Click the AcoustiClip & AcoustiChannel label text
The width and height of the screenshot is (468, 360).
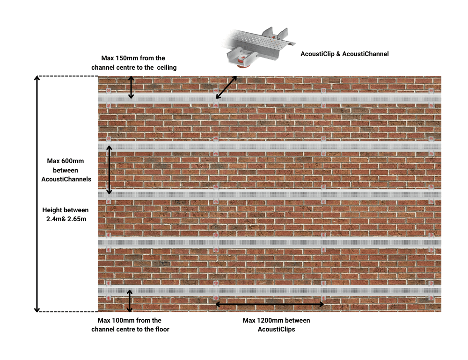[344, 54]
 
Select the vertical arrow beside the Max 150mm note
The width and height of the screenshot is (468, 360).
[132, 87]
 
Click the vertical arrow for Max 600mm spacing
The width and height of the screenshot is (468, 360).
[109, 170]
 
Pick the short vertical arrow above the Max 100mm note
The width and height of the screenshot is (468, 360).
[130, 301]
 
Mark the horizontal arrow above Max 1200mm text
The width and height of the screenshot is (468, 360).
[270, 304]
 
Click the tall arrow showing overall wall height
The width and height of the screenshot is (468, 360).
[37, 194]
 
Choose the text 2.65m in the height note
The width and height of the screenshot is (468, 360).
[76, 219]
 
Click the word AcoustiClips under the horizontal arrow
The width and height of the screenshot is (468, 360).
[276, 329]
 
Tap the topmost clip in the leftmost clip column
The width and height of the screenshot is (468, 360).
[109, 91]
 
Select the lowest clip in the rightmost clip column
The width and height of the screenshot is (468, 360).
[431, 298]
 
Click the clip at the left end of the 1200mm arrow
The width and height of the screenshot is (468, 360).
[216, 298]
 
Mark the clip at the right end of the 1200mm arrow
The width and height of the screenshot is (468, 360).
[323, 298]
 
